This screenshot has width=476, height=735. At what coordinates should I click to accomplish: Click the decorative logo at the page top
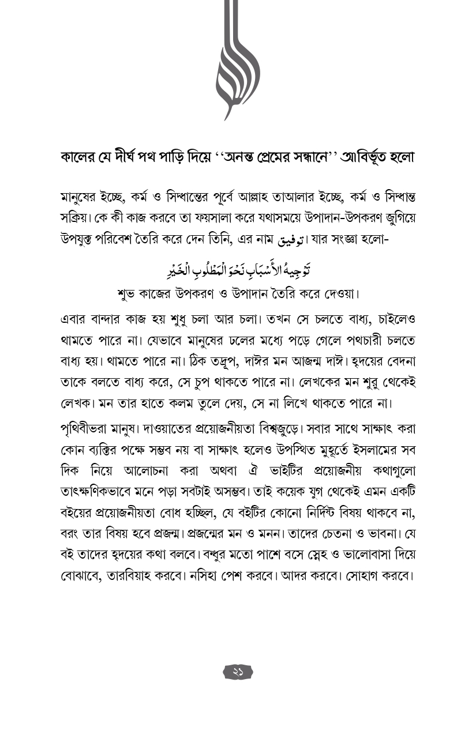(237, 61)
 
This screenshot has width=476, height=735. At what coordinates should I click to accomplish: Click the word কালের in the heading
(79, 157)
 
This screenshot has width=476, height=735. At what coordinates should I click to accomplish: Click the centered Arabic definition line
(238, 269)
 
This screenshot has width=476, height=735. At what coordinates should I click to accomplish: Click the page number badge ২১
(238, 672)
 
